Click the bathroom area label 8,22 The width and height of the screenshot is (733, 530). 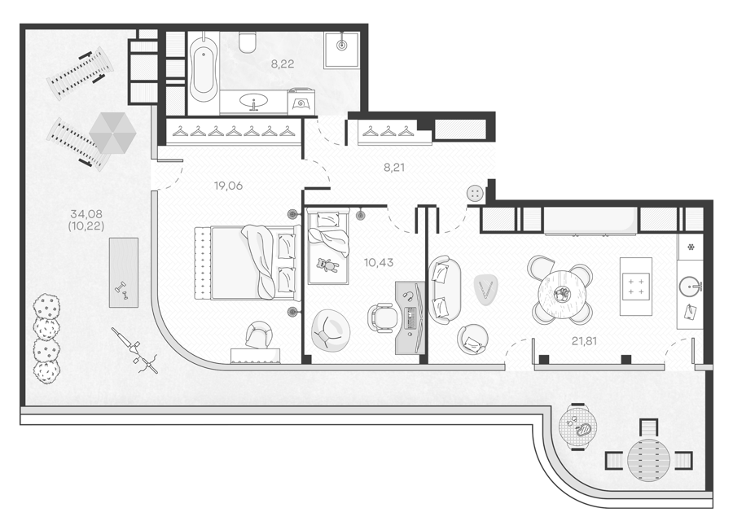click(x=283, y=64)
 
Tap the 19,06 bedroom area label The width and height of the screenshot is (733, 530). click(x=228, y=186)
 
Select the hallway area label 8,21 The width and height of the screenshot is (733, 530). click(x=394, y=168)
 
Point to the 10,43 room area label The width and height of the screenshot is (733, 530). click(x=379, y=263)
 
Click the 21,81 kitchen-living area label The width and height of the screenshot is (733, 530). click(x=584, y=342)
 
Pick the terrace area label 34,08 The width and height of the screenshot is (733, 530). click(x=86, y=214)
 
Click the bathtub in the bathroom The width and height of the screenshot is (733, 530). click(x=204, y=67)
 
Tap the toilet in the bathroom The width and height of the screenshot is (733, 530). click(x=247, y=42)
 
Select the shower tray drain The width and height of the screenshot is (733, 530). click(x=342, y=46)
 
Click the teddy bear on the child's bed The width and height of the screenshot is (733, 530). click(x=327, y=265)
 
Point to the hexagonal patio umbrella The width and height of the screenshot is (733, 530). click(x=112, y=134)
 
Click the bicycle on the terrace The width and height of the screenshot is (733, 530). click(x=134, y=350)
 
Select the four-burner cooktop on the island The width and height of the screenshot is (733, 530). click(x=636, y=287)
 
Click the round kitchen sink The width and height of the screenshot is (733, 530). click(x=690, y=286)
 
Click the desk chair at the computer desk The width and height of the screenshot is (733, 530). click(x=383, y=318)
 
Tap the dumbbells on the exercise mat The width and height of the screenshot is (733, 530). click(x=122, y=291)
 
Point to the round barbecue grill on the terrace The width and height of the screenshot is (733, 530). click(x=578, y=427)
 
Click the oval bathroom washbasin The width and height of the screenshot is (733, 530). click(x=254, y=100)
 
